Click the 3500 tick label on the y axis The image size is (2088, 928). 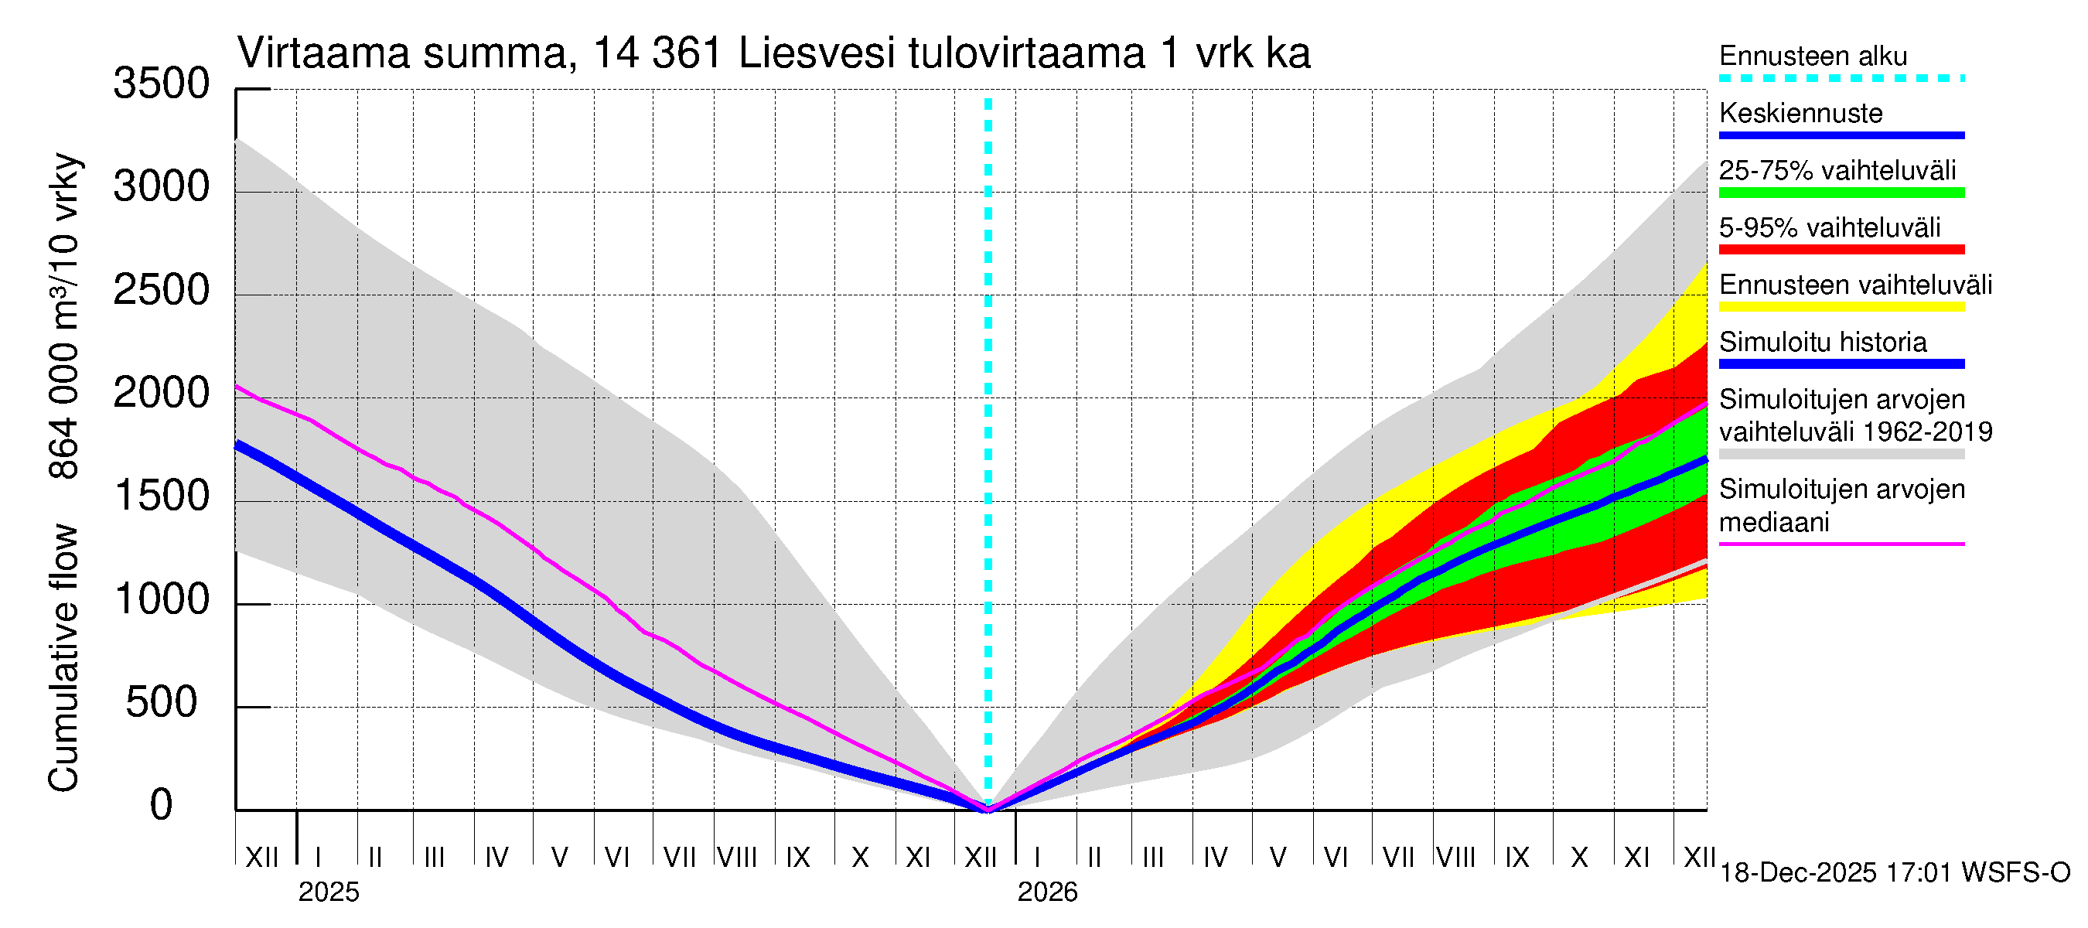162,84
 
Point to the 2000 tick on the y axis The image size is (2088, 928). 162,394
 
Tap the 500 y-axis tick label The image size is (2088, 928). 162,703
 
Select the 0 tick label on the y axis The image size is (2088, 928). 162,806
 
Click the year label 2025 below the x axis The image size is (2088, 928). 328,892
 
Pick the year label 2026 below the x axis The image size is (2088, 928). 1047,892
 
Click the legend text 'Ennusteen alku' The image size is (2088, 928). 1813,56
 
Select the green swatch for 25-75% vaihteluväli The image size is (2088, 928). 1841,193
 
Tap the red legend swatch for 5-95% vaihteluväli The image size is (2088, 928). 1841,250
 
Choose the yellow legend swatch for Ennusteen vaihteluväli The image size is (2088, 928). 1841,307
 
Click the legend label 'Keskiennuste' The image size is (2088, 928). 1800,114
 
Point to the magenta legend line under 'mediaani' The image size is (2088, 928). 1841,544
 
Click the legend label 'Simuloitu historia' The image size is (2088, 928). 1822,342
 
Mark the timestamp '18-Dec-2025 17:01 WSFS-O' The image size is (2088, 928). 1894,873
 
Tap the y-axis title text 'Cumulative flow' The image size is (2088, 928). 64,658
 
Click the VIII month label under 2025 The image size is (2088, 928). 738,857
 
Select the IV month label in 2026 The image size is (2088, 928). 1215,857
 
